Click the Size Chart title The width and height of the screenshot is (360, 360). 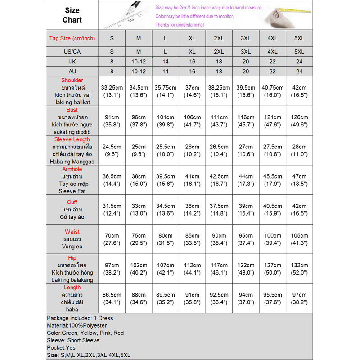(72, 15)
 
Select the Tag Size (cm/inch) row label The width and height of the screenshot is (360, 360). (72, 38)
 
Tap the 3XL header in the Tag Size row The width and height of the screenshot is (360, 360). (246, 38)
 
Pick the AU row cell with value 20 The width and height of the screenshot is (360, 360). (246, 72)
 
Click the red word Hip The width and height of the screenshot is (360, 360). (72, 258)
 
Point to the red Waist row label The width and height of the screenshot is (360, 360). (72, 232)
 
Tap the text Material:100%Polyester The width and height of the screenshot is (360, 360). (77, 325)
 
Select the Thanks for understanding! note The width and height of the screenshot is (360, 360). (179, 24)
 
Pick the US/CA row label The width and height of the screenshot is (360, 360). (72, 52)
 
